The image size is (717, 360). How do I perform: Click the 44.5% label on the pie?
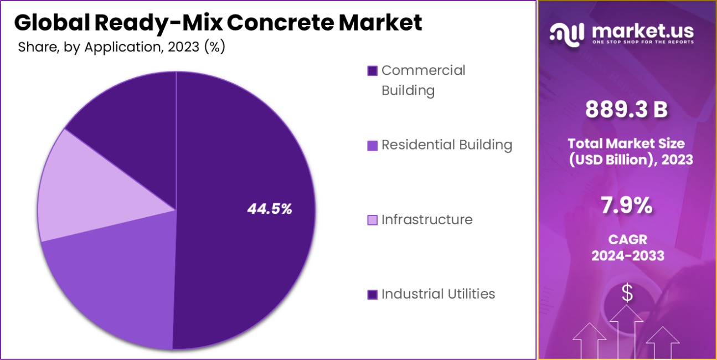(270, 209)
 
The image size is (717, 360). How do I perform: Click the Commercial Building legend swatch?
(373, 71)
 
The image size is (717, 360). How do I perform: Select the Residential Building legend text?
(447, 145)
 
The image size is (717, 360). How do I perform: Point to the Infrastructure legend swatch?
(373, 220)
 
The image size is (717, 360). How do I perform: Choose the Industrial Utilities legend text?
(438, 294)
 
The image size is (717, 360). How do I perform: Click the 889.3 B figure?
(627, 110)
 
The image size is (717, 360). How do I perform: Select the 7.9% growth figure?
(627, 206)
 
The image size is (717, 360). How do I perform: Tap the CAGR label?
(627, 240)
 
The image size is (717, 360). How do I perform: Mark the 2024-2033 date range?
(627, 256)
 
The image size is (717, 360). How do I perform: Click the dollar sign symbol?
(627, 292)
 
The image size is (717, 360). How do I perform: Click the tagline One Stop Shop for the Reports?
(642, 42)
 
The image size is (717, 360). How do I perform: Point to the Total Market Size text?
(626, 143)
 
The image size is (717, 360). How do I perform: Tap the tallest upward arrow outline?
(626, 327)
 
